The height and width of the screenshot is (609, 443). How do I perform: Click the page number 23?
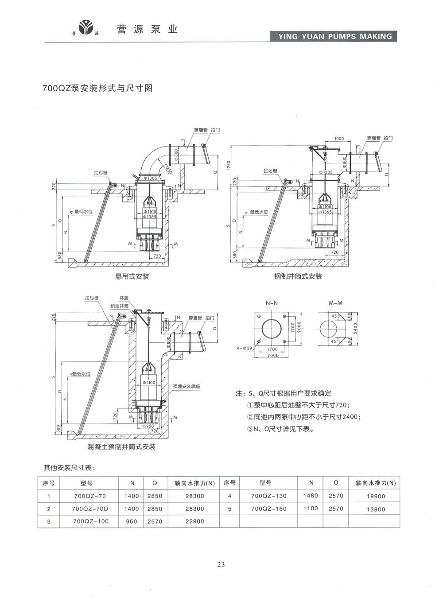tap(221, 564)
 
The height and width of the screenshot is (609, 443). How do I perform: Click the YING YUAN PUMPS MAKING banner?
tap(333, 36)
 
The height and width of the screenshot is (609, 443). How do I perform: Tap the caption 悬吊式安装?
tap(132, 277)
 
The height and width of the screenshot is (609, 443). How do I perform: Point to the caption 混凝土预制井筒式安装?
tap(121, 447)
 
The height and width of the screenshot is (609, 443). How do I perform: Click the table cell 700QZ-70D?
tap(90, 509)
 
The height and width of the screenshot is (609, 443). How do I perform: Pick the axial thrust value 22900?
tap(195, 521)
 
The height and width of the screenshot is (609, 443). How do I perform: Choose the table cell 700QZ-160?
tap(269, 509)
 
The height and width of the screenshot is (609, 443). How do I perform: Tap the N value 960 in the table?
tap(132, 521)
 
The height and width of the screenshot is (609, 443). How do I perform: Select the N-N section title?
tap(272, 304)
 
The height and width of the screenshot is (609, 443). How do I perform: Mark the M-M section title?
tap(335, 303)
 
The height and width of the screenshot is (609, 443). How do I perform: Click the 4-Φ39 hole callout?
tap(245, 349)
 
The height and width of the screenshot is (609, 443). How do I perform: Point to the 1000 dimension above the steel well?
tap(339, 139)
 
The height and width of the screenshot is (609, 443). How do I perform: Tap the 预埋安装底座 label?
tap(187, 387)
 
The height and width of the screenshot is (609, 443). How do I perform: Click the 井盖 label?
tap(124, 298)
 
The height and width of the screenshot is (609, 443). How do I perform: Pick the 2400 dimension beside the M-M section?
tap(355, 328)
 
